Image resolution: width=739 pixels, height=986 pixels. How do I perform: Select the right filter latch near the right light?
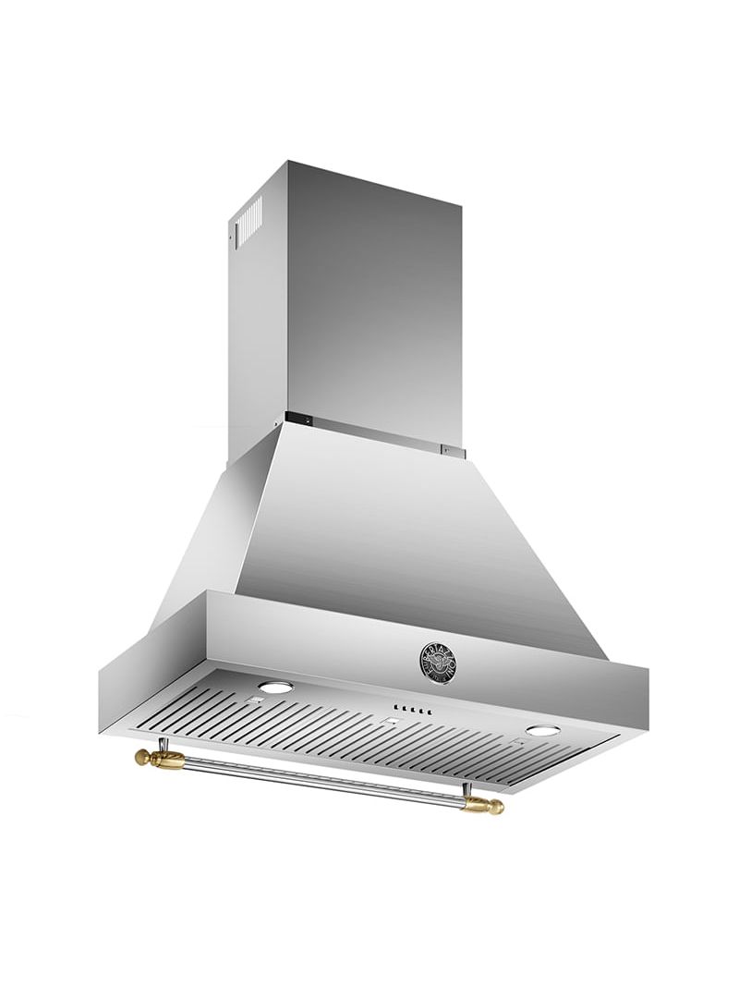point(520,742)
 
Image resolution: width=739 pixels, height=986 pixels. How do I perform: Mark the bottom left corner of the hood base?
point(100,707)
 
